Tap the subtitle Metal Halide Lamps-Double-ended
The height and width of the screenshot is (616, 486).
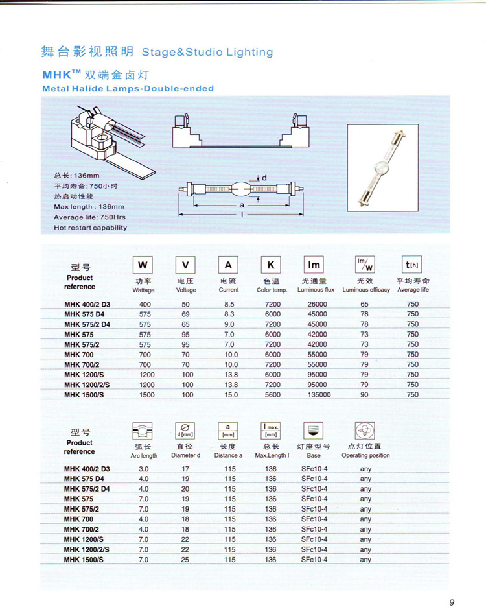128,88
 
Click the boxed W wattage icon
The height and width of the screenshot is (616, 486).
143,265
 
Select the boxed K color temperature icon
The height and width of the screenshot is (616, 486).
271,265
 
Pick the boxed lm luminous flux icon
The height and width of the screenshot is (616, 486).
314,265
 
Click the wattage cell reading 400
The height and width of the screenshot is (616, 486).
144,303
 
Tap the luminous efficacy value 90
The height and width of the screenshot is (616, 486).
364,394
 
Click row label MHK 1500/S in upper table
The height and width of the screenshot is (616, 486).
84,394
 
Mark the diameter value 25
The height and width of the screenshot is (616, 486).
185,559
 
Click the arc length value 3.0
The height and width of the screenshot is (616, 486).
144,468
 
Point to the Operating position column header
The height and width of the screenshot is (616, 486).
365,455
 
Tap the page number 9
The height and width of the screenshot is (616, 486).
452,601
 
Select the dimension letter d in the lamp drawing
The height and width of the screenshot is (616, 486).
264,177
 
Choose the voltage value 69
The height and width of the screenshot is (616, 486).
186,314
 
